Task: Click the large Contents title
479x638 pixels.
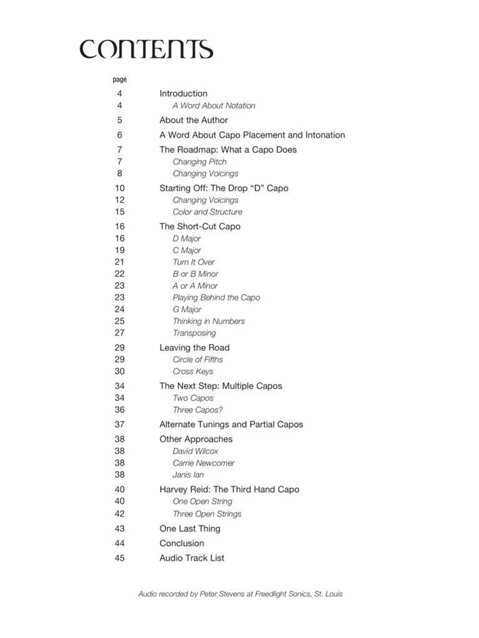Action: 146,49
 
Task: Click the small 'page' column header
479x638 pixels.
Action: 120,80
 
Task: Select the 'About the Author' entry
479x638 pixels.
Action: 193,120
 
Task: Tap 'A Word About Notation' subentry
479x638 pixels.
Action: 213,106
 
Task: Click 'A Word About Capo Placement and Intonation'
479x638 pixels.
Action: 252,135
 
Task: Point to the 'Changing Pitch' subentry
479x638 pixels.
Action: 200,162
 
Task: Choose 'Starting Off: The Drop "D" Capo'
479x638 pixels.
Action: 223,188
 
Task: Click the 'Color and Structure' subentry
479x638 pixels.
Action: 207,212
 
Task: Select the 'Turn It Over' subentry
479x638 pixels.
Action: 193,262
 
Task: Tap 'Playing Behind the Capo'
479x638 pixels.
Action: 216,298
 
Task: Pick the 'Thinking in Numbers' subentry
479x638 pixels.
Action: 208,321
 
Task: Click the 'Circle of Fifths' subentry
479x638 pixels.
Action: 197,359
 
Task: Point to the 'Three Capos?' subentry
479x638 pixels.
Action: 197,410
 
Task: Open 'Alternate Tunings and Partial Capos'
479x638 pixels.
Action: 231,424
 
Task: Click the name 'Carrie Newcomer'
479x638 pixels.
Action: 203,463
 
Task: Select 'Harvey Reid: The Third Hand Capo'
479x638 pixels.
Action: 229,490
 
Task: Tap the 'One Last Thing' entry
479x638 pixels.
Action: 190,528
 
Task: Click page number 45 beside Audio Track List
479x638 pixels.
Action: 119,558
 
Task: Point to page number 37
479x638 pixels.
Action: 119,424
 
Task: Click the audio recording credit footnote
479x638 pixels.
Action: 240,594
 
